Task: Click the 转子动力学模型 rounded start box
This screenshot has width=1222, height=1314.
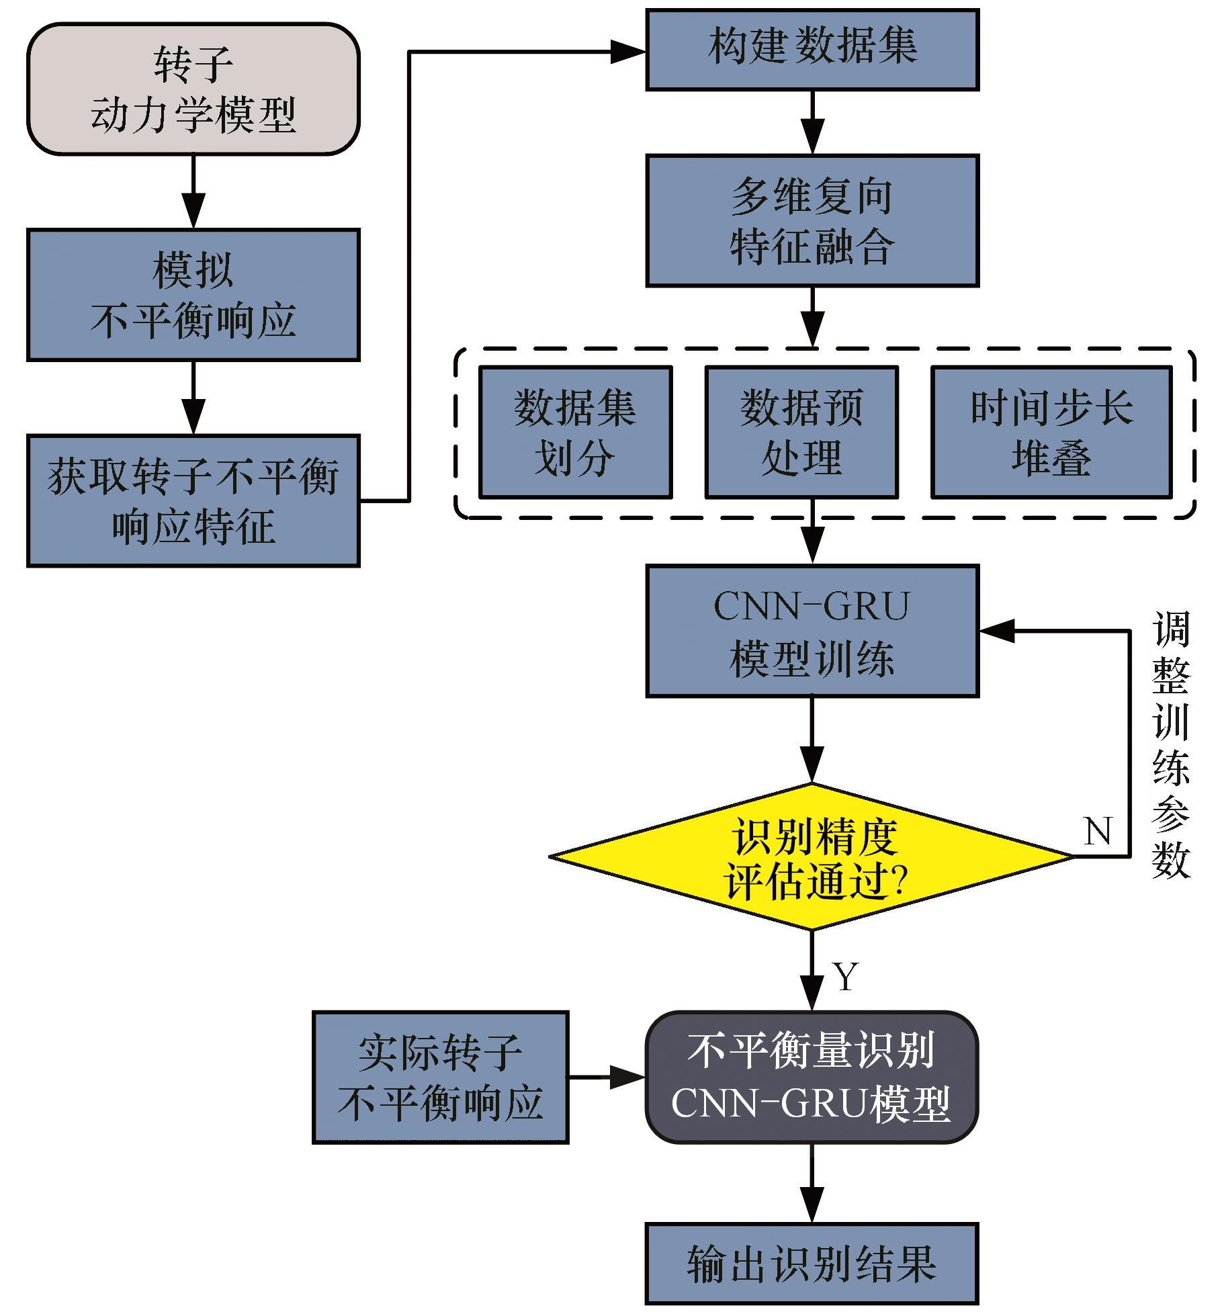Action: (x=193, y=89)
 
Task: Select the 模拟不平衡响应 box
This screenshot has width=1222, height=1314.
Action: (x=193, y=295)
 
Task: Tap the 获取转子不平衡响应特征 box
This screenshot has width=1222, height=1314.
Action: (x=193, y=500)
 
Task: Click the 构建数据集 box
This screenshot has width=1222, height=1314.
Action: (x=812, y=49)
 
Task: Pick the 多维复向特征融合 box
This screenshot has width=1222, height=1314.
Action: (x=812, y=220)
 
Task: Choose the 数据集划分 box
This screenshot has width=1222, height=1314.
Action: (x=575, y=432)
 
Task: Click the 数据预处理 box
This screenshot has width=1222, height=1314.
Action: (x=801, y=432)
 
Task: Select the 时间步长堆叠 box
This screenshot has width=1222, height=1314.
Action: (x=1051, y=432)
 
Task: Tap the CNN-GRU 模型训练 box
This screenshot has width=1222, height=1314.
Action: (x=812, y=631)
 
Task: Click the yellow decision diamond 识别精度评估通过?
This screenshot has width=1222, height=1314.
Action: (x=812, y=857)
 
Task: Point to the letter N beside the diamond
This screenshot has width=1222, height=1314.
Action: (x=1098, y=832)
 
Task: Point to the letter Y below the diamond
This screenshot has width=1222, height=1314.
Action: (x=846, y=976)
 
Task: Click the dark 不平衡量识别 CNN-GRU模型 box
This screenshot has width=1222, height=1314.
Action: (x=812, y=1077)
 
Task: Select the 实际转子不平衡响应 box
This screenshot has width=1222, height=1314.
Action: (x=440, y=1077)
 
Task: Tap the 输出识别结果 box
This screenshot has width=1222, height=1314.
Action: (x=812, y=1263)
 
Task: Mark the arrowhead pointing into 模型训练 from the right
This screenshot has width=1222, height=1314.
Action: (x=998, y=631)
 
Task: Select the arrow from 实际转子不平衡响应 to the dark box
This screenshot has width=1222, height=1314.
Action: (x=607, y=1077)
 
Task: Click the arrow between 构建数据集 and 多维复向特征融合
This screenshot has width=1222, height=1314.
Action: (x=812, y=123)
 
